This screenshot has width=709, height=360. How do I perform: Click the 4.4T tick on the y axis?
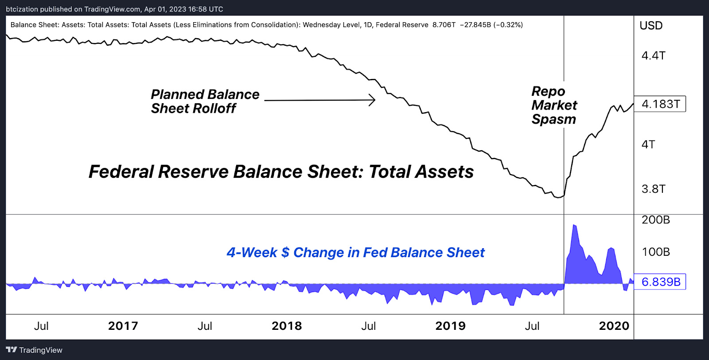pos(653,56)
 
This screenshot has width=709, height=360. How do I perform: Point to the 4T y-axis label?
pos(648,145)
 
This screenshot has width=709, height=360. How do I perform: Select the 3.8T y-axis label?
pos(653,189)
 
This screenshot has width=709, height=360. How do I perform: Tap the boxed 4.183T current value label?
pos(660,104)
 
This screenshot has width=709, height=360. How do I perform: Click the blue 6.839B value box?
pos(660,282)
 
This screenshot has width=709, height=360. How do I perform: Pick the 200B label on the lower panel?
pos(655,220)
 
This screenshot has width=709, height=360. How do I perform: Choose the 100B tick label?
pos(655,252)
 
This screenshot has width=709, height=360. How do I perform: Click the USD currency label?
pos(651,26)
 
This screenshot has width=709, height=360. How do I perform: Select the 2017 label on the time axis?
pos(123,326)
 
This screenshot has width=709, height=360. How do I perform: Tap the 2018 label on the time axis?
pos(286,326)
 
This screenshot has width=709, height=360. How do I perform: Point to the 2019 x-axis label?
pos(450,326)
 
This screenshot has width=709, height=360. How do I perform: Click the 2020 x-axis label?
pos(614,326)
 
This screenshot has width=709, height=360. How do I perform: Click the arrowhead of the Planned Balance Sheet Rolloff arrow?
pos(373,100)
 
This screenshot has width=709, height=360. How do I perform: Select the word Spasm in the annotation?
pos(553,119)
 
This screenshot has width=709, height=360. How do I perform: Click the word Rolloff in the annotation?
pos(214,108)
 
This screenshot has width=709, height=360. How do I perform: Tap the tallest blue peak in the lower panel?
pos(574,226)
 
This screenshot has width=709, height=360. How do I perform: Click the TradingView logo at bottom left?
pos(35,350)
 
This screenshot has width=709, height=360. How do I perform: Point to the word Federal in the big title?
pos(121,172)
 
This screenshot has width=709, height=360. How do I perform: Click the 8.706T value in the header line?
pos(444,25)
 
